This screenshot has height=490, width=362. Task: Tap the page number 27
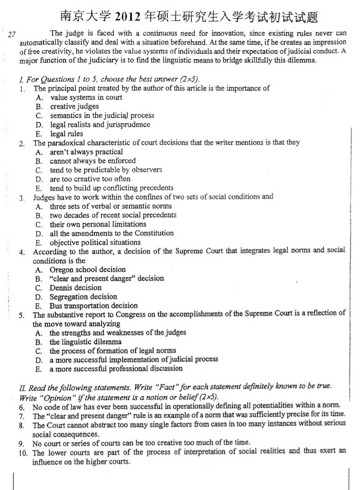(13, 34)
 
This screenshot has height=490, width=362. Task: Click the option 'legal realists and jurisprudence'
(100, 125)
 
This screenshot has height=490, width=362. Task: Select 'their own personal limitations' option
(98, 224)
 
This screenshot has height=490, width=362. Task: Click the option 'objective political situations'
(95, 242)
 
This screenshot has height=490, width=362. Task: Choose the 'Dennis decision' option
(76, 288)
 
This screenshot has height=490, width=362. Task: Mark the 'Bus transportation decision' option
(94, 306)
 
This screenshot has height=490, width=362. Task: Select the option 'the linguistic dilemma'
(86, 342)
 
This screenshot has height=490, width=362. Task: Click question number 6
(22, 407)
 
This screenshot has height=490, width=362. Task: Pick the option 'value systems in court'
(86, 97)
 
